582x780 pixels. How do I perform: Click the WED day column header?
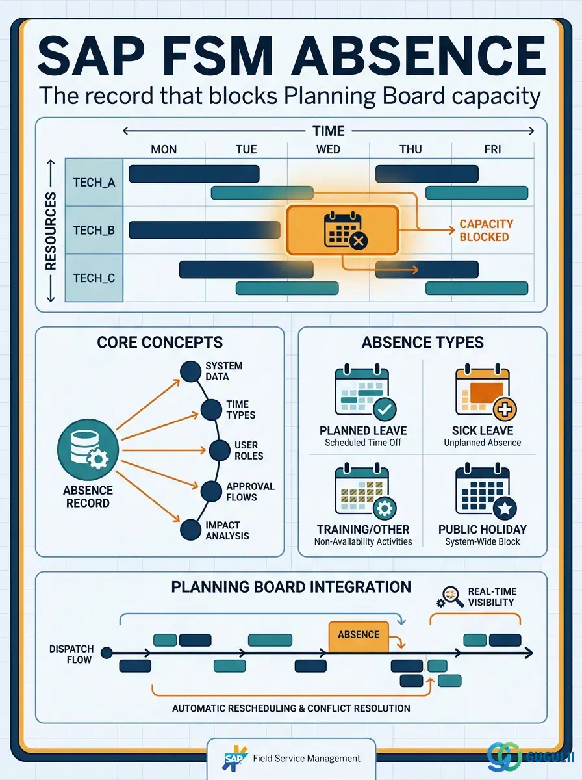point(328,149)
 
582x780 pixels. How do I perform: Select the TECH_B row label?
point(94,230)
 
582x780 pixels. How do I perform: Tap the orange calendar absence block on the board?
point(343,230)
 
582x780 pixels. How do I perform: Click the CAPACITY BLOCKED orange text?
point(486,230)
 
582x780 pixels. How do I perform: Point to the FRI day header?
point(492,149)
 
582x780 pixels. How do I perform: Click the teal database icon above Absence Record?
point(88,450)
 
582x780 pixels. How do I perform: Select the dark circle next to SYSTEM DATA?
point(191,371)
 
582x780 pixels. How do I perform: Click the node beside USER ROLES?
point(220,450)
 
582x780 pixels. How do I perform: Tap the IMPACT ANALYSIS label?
point(227,530)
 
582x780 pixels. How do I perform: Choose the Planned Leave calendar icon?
point(365,391)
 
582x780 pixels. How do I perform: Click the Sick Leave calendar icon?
point(485,391)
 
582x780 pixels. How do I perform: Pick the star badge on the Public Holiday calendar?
point(505,508)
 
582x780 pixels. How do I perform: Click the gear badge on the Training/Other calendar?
point(385,508)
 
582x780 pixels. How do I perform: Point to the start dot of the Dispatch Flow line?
point(107,653)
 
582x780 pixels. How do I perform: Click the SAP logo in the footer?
point(234,758)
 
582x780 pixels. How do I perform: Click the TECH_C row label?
point(94,278)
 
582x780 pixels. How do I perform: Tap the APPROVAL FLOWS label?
point(250,491)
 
